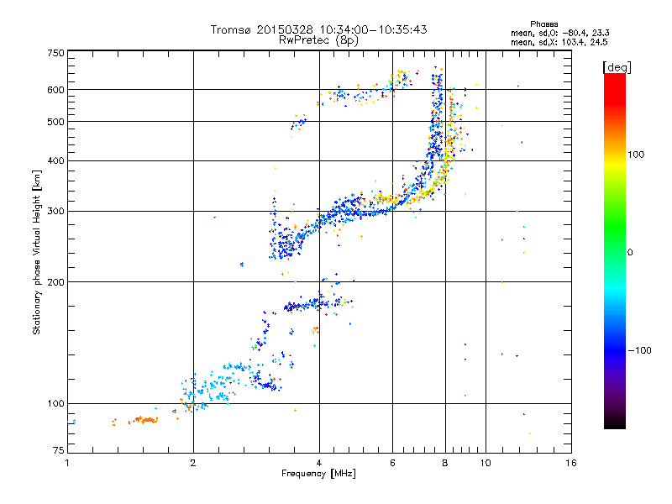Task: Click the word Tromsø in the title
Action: point(230,29)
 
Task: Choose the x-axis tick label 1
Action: point(67,463)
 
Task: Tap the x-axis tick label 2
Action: point(193,463)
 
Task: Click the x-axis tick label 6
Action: point(392,463)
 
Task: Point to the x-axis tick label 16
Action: point(570,463)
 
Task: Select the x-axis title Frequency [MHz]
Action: point(318,475)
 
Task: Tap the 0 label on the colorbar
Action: point(631,252)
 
